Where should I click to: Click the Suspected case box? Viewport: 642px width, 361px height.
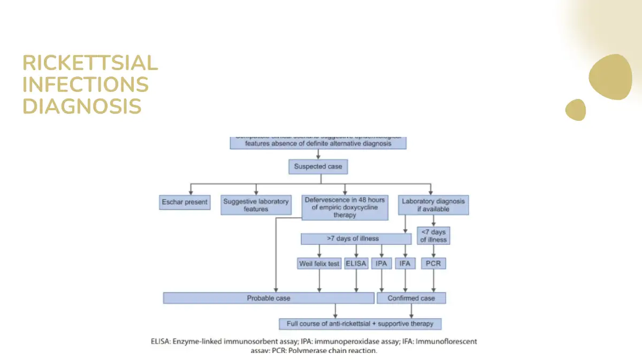(318, 167)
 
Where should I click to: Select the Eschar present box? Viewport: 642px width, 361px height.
(185, 203)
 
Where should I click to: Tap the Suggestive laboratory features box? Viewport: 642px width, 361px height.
(256, 205)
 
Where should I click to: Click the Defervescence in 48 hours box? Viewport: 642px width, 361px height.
(345, 207)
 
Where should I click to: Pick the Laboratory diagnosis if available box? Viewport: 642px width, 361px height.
(433, 205)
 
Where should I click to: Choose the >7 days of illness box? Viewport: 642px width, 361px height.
(353, 239)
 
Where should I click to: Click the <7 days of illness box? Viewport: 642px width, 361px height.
(433, 236)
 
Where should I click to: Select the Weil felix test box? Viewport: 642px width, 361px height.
(319, 264)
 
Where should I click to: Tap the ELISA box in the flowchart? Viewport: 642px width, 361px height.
(356, 264)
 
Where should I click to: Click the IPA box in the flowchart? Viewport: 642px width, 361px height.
(381, 264)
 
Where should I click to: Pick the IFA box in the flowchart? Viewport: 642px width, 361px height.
(405, 264)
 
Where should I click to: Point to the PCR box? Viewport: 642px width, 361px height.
(433, 264)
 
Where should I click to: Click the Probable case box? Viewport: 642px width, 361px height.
(269, 298)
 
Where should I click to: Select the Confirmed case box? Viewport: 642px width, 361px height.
(411, 298)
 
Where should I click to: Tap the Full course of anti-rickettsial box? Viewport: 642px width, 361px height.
(360, 324)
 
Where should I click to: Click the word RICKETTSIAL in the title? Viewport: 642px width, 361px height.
(90, 63)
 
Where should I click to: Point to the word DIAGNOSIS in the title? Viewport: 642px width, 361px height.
(82, 106)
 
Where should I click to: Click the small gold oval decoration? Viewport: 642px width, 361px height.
(576, 110)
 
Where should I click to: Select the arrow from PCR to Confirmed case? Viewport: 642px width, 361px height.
(433, 280)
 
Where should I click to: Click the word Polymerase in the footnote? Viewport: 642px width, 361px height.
(307, 351)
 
